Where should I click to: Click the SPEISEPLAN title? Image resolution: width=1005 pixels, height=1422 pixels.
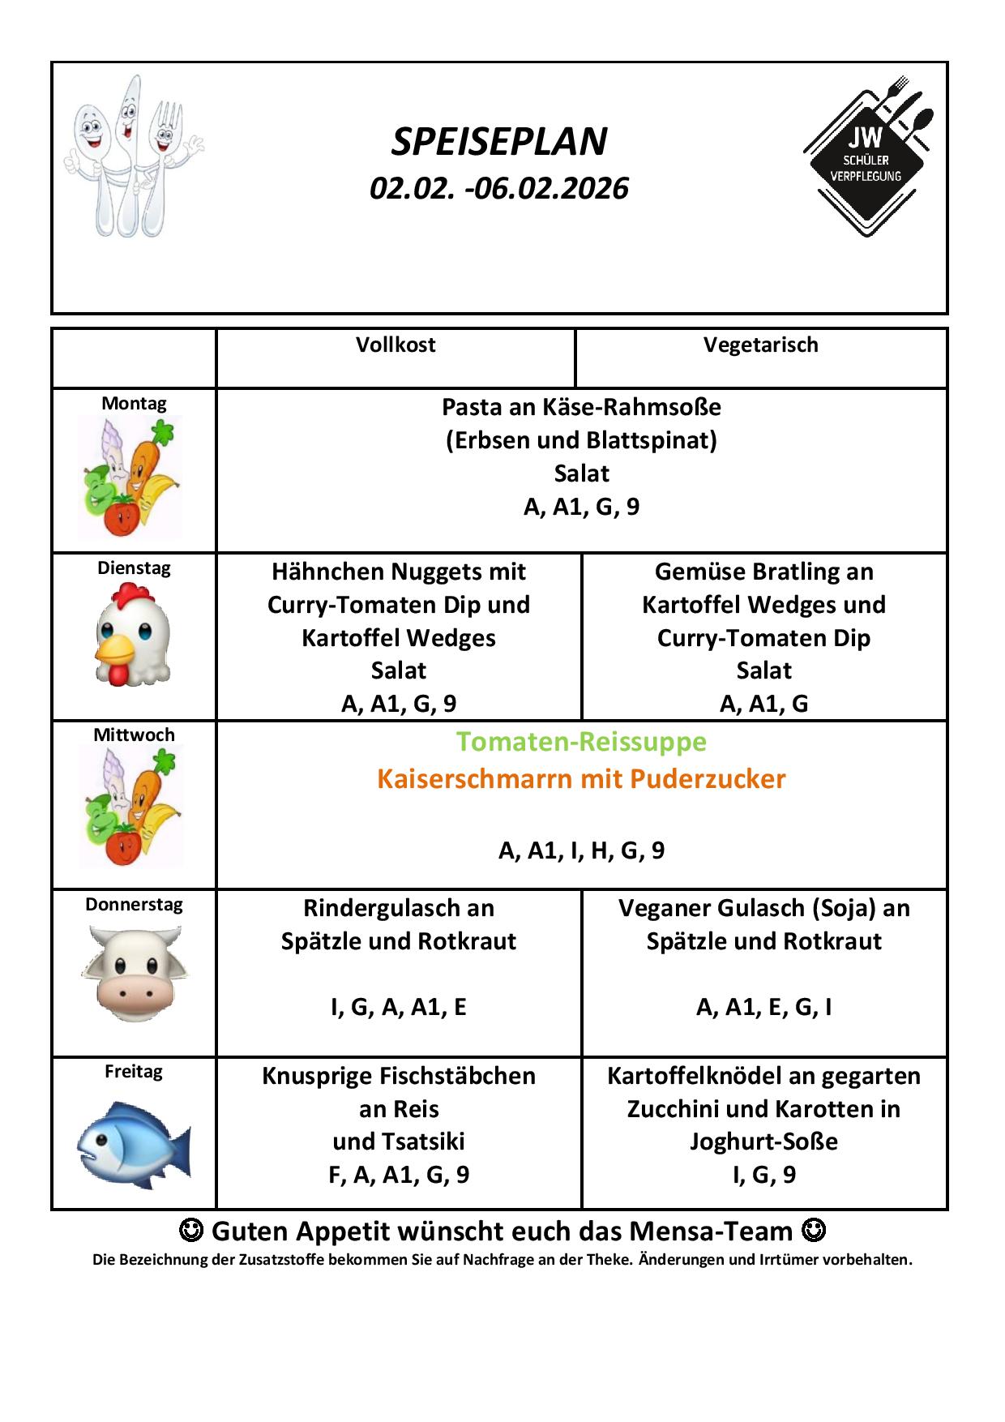coord(499,142)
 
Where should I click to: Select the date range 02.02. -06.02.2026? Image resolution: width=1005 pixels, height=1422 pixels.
coord(499,188)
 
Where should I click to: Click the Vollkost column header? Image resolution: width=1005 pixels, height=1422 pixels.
coord(396,345)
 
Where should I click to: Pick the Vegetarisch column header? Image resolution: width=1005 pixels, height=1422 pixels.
coord(760,345)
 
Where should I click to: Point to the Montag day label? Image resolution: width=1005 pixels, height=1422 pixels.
coord(134,403)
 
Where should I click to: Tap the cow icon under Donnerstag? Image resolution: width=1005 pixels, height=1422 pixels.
coord(134,974)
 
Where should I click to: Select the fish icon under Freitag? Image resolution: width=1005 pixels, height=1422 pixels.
coord(134,1144)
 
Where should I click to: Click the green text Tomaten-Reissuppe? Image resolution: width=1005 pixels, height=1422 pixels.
coord(581,742)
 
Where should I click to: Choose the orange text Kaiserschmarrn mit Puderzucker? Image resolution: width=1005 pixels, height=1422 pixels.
coord(581,779)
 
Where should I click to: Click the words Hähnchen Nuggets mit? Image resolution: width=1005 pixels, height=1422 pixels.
coord(399,572)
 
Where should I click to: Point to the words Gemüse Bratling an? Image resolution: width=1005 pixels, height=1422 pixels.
coord(763,572)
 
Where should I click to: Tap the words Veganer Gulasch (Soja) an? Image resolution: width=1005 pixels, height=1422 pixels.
coord(763,908)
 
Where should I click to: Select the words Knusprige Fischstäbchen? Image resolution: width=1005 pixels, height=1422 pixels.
coord(399,1076)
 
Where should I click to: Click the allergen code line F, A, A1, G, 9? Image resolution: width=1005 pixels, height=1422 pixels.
coord(399,1175)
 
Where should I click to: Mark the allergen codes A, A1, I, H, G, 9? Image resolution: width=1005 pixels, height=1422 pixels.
coord(581,850)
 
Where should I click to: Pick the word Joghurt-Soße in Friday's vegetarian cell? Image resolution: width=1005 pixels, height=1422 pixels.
coord(763,1141)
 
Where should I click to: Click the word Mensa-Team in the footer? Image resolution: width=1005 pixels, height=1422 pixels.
coord(710,1231)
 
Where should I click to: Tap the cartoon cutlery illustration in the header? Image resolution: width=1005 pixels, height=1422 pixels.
coord(132,156)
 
